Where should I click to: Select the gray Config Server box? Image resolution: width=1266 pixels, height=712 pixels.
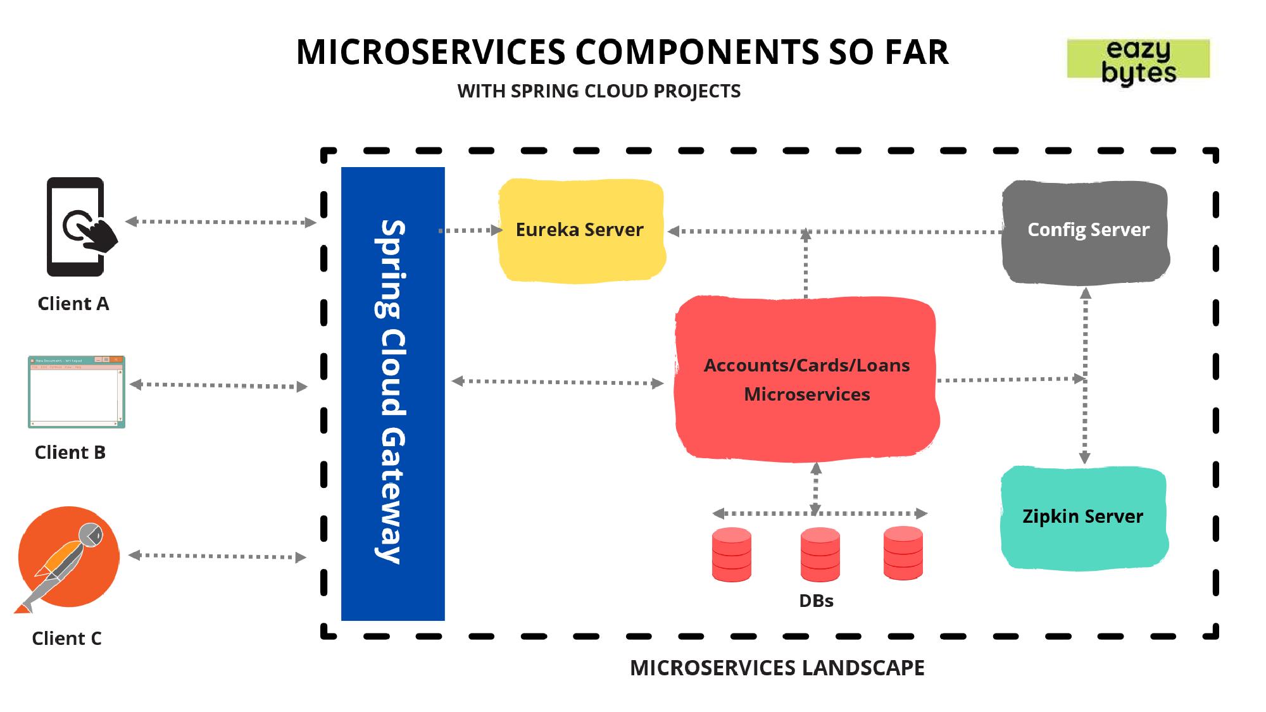(1086, 232)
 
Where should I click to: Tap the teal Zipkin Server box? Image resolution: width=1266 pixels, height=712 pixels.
(1084, 518)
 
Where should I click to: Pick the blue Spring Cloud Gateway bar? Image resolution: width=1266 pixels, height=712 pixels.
(393, 393)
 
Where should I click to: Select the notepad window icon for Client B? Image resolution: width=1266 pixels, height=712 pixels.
(77, 392)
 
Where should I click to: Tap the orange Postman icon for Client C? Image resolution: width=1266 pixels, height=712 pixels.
(68, 557)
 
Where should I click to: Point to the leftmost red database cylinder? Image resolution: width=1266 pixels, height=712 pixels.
(732, 554)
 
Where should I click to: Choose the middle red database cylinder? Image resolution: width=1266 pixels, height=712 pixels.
(820, 554)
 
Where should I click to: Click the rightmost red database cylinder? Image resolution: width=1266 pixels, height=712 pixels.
(903, 553)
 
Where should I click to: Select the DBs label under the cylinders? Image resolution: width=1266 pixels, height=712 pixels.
(816, 601)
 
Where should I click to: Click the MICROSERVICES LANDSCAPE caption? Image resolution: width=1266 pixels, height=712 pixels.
(777, 668)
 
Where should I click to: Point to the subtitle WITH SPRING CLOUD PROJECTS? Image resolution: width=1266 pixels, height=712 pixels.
(599, 91)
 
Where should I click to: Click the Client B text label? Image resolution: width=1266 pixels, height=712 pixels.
(70, 453)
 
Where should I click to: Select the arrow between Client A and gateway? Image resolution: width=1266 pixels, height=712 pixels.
(220, 222)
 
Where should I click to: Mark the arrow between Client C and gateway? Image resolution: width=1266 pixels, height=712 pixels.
(217, 556)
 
